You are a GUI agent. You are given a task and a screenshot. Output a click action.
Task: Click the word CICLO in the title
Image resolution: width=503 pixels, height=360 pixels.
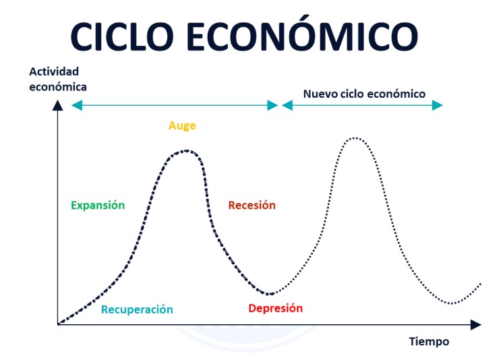point(122,36)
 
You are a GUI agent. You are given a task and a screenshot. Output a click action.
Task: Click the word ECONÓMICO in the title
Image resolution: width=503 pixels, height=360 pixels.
point(302,33)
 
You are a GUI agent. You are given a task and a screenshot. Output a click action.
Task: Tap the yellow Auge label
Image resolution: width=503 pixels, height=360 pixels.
point(182,126)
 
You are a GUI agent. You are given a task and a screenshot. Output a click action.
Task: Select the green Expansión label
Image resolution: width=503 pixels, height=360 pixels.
point(98,205)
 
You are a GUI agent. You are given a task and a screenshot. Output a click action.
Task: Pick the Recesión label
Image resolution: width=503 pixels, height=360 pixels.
point(251,205)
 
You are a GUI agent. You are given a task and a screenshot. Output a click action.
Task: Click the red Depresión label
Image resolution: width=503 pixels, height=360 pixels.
point(276,308)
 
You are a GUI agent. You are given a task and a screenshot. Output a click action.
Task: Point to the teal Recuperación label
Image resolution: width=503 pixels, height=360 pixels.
point(137,309)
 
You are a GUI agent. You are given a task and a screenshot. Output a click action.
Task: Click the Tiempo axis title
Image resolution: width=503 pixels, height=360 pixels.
point(429,341)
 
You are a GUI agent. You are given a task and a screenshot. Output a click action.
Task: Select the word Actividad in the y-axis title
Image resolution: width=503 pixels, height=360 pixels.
point(54,71)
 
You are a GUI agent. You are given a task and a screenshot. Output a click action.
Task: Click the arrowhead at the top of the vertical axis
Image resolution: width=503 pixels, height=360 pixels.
point(58,105)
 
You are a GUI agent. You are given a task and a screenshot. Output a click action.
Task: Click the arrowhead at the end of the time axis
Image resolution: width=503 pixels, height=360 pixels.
point(476,325)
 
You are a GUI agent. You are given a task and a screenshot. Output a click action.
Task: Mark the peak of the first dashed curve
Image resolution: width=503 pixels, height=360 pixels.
point(186,150)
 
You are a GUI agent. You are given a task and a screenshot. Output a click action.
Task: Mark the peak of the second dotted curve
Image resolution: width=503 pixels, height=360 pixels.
point(355,138)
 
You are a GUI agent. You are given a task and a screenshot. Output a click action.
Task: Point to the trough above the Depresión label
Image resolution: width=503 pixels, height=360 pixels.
point(270,293)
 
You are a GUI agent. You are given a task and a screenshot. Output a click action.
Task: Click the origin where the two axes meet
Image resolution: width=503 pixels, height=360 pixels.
point(58,324)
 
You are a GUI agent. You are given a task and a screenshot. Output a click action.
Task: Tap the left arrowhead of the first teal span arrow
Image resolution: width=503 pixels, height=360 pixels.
point(77,105)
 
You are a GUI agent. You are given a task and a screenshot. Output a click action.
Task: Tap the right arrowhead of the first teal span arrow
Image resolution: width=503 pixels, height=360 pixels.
point(272,105)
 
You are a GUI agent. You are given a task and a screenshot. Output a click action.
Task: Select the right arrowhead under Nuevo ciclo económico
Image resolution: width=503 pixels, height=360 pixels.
point(437,105)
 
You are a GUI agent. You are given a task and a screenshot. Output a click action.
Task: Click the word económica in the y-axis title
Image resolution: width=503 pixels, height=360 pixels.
point(58,87)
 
